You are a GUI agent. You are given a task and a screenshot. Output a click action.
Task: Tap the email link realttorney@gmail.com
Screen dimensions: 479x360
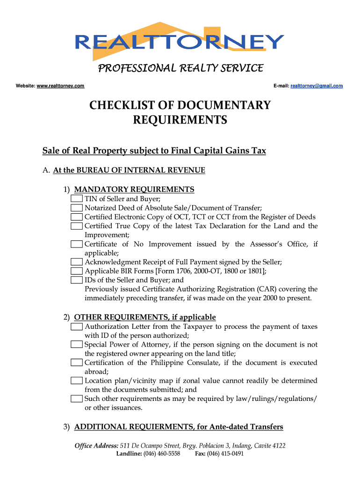tap(317, 86)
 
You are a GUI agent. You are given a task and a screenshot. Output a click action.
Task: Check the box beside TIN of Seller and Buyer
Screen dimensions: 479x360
tap(77, 199)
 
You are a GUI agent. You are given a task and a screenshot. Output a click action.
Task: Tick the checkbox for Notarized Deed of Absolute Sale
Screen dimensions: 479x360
tap(77, 208)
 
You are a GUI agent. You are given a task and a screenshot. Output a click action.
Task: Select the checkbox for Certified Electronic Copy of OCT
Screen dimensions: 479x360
tap(77, 217)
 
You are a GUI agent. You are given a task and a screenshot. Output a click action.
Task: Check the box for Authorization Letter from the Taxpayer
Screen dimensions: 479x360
tap(77, 327)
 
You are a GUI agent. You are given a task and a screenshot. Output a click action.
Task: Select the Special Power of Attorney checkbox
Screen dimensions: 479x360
tap(77, 345)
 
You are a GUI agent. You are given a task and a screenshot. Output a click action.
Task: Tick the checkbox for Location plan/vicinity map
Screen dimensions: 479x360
tap(77, 381)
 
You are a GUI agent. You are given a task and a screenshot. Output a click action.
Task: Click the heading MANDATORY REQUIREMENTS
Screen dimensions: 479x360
tap(134, 189)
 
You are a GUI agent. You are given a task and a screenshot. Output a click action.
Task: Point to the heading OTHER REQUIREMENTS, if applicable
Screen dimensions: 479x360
tap(145, 317)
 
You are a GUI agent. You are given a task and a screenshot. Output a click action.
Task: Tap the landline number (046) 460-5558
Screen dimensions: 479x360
tap(162, 454)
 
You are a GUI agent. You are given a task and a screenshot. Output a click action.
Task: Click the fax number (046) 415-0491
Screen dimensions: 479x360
tap(226, 454)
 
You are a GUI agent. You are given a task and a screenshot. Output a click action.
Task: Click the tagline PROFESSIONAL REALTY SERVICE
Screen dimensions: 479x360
tap(180, 69)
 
